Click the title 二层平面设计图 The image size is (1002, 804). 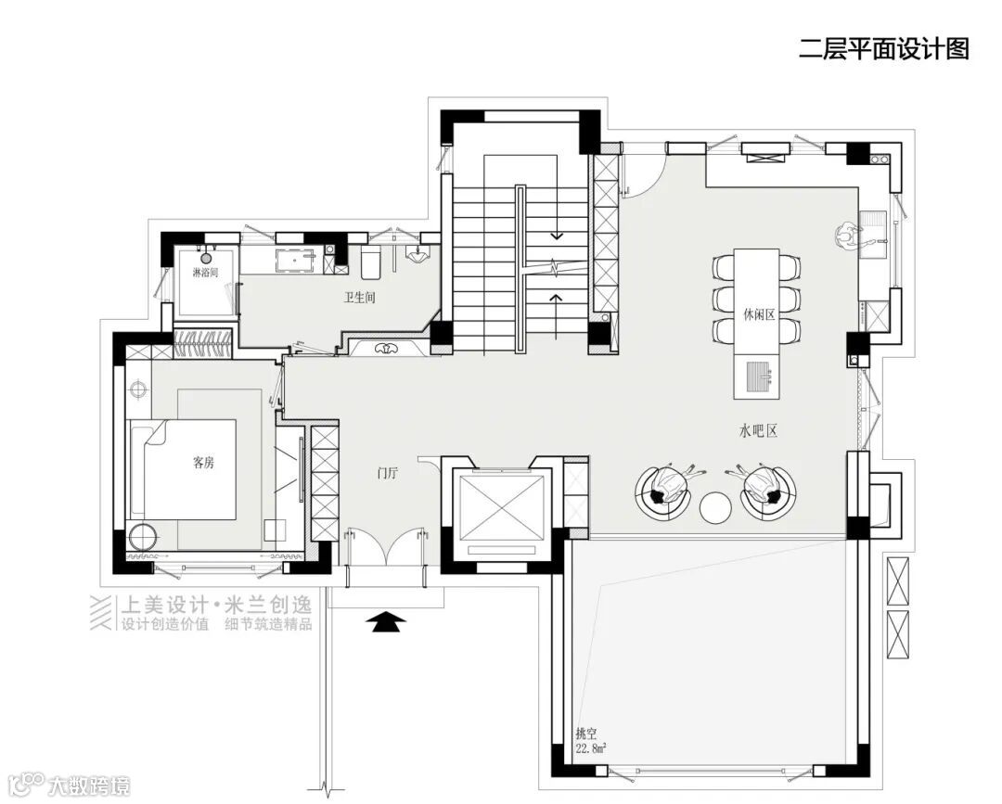(884, 49)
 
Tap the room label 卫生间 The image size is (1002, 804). (360, 298)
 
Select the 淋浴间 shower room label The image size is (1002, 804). (206, 273)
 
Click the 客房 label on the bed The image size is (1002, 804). (203, 463)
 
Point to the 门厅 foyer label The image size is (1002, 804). (387, 473)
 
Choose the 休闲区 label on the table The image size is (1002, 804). (759, 315)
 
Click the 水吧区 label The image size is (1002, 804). (759, 431)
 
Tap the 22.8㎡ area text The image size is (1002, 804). (591, 748)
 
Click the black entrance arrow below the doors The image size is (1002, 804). (386, 621)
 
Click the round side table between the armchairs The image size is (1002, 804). (715, 507)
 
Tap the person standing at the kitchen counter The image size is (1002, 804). (849, 236)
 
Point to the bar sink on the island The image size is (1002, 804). (757, 377)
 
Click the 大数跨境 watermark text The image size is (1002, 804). (89, 785)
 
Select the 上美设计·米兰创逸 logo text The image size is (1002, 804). (216, 604)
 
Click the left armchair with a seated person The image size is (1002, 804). (664, 491)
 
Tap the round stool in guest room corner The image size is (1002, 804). (143, 537)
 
